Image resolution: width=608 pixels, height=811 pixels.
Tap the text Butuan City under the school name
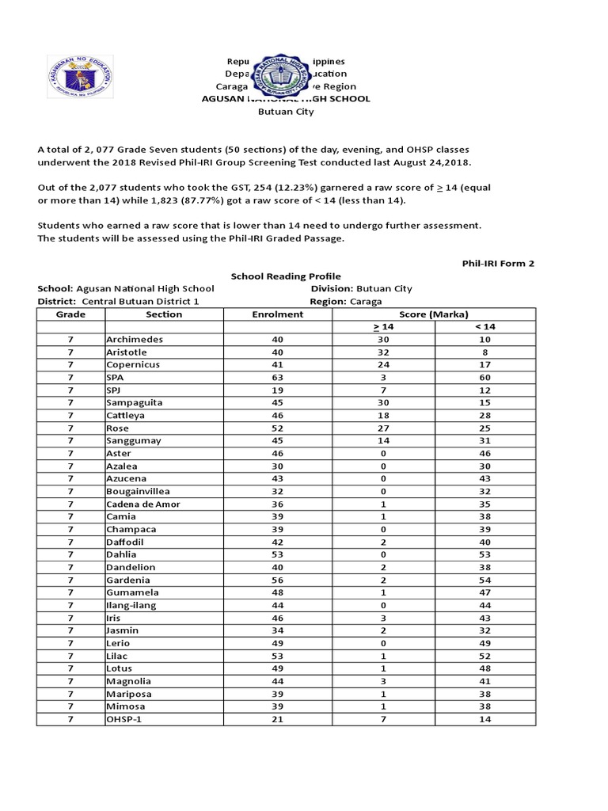[x=286, y=112]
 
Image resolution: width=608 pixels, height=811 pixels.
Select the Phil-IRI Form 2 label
[x=498, y=263]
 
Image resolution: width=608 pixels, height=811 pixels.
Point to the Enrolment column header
[x=277, y=314]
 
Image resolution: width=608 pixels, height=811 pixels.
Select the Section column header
[x=164, y=314]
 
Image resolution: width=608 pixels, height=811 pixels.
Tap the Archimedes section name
[x=135, y=340]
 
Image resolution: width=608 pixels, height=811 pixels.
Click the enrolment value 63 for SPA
[x=277, y=378]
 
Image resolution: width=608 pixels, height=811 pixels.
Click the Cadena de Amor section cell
[x=142, y=504]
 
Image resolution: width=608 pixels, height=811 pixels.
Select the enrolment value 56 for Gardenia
[x=277, y=581]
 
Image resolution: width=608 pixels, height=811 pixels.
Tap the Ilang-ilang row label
[x=131, y=606]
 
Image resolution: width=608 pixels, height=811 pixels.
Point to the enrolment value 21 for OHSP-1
[x=277, y=719]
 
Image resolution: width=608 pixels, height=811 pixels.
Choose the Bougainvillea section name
[x=139, y=492]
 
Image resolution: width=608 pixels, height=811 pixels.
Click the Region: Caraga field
[x=346, y=302]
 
